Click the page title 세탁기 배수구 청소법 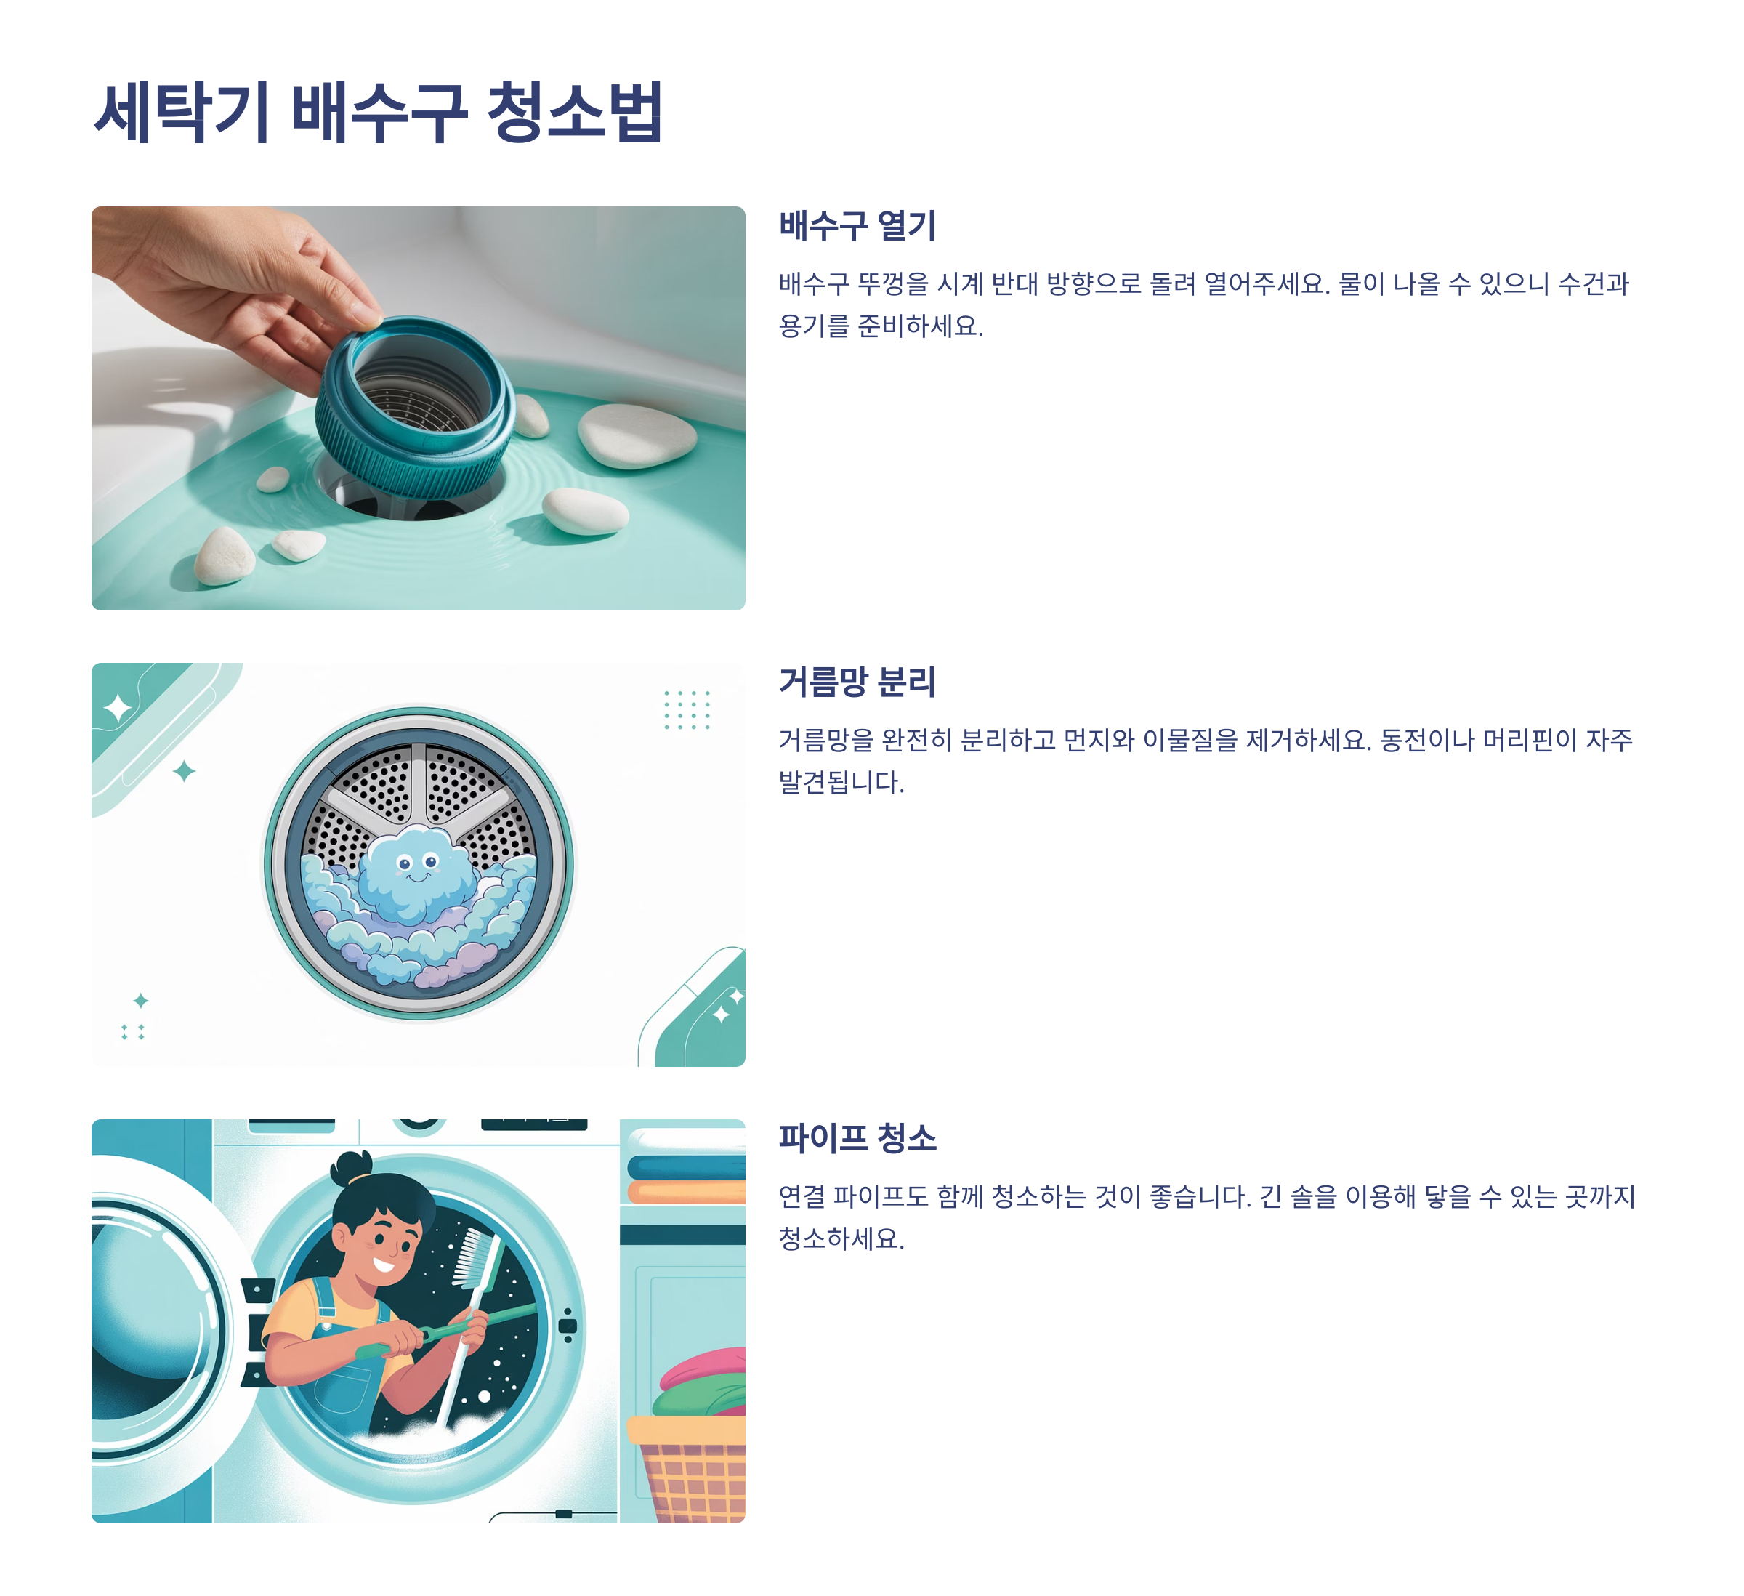point(378,113)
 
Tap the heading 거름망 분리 point(857,682)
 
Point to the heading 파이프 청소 point(857,1138)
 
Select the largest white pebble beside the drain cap point(637,435)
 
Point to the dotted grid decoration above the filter point(687,709)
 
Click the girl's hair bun point(352,1167)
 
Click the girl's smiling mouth point(383,1265)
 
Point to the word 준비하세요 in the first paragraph point(921,326)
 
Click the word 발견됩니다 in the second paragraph point(841,783)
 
